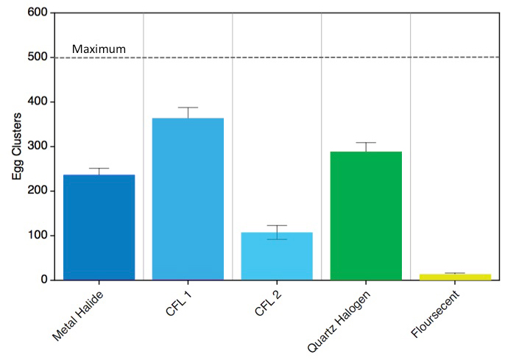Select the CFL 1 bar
188,199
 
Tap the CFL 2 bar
277,255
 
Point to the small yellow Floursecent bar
455,277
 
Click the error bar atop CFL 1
188,111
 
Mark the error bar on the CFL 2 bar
277,231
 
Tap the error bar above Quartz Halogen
366,146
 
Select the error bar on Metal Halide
99,171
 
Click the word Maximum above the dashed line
99,50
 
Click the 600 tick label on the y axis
38,13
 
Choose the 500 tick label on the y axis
38,57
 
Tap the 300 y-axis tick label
38,147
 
